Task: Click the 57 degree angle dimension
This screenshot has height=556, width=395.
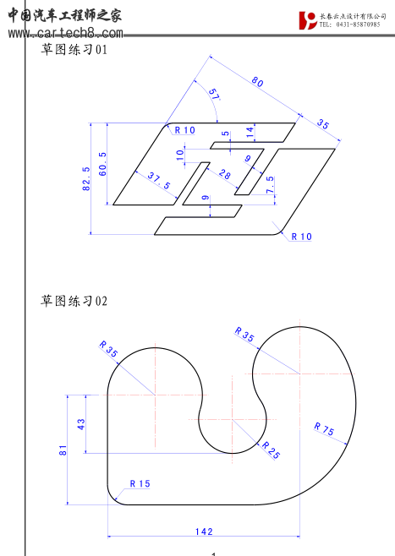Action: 212,95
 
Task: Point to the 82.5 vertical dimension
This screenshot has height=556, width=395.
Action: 87,179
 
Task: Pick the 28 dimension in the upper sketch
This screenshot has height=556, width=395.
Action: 225,175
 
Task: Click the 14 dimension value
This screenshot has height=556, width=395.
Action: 250,131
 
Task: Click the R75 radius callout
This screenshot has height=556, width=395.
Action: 324,429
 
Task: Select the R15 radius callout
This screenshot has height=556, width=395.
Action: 139,484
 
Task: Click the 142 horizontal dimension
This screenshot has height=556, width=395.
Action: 204,531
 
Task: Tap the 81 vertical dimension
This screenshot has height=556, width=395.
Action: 63,450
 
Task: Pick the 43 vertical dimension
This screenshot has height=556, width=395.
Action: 82,424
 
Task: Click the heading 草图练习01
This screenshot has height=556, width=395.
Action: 74,51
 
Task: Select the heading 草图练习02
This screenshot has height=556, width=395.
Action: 74,301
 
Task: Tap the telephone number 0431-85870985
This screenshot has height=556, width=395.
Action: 355,25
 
